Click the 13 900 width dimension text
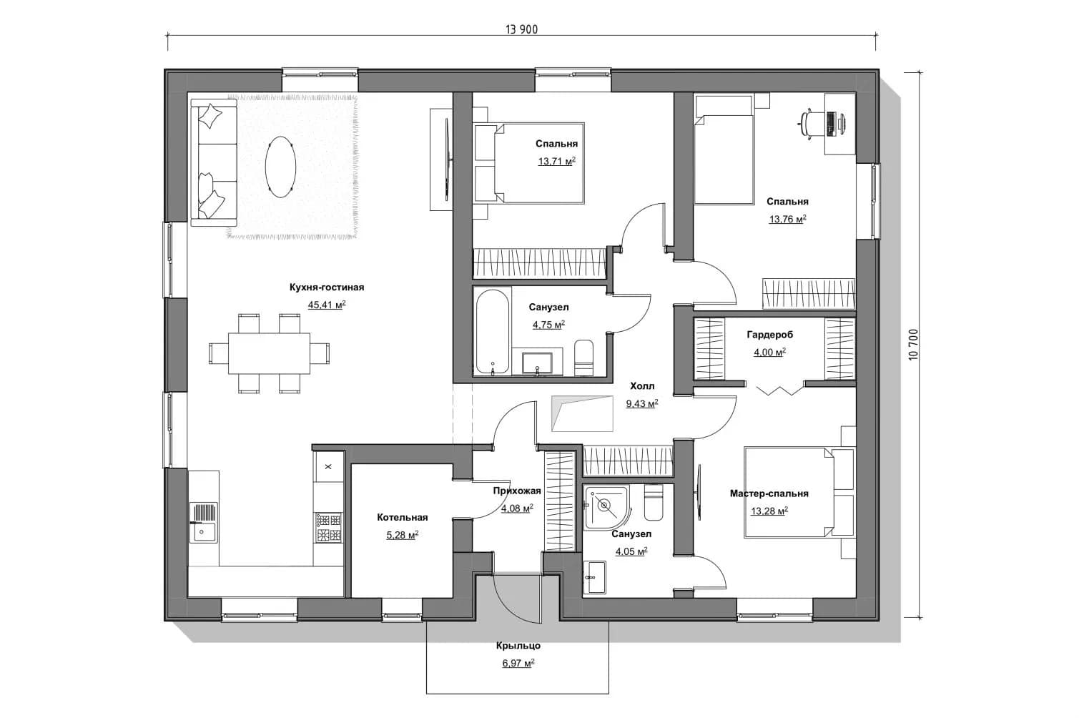pos(521,29)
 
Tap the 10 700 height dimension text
pos(913,344)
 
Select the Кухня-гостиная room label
pos(327,287)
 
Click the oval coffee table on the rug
pos(280,167)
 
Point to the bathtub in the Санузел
pos(492,332)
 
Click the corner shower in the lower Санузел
pos(606,508)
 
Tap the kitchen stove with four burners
pos(328,528)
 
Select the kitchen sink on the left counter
pos(204,522)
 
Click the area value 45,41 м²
pos(327,305)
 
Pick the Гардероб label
pos(770,335)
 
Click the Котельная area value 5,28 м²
pos(403,535)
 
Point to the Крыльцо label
pos(518,646)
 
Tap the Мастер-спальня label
pos(769,493)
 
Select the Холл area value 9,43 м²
pos(642,404)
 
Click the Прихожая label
pos(517,491)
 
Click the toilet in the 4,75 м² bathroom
pos(584,358)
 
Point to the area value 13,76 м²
pos(787,220)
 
